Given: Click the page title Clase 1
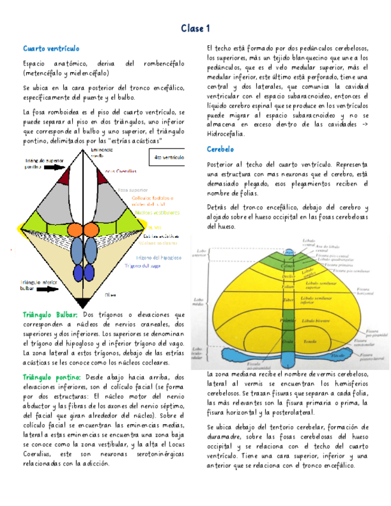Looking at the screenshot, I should (195, 29).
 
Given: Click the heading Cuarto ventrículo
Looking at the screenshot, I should (51, 48).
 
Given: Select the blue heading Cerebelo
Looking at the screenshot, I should (220, 149).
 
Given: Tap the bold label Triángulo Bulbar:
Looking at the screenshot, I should (50, 314).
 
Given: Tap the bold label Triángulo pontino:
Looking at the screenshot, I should (51, 377).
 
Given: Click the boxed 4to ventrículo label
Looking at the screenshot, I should (168, 158).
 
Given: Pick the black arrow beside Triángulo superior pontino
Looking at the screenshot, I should (52, 168).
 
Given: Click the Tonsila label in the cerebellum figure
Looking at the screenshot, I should (310, 341).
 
